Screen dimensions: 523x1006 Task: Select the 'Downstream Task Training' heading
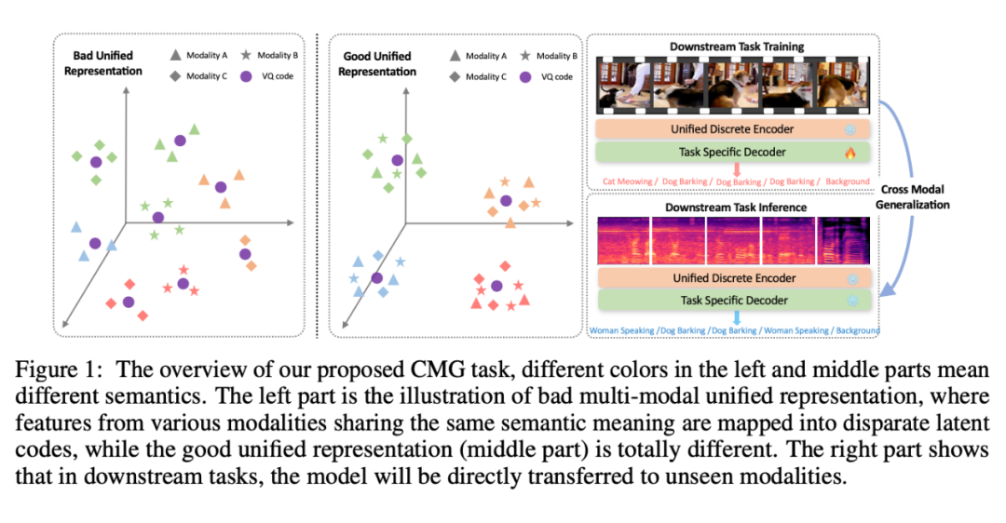[x=737, y=47]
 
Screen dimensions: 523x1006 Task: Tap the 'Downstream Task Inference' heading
[x=736, y=207]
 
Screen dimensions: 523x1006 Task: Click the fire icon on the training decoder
[x=849, y=153]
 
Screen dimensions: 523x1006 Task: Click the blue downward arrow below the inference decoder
[x=736, y=318]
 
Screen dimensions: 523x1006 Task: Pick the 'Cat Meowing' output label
[x=626, y=181]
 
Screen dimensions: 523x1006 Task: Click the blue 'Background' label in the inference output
[x=857, y=330]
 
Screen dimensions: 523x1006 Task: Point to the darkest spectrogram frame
[x=843, y=240]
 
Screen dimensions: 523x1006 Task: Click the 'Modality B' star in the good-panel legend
[x=526, y=56]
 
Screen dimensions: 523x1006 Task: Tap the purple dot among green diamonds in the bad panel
[x=95, y=162]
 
